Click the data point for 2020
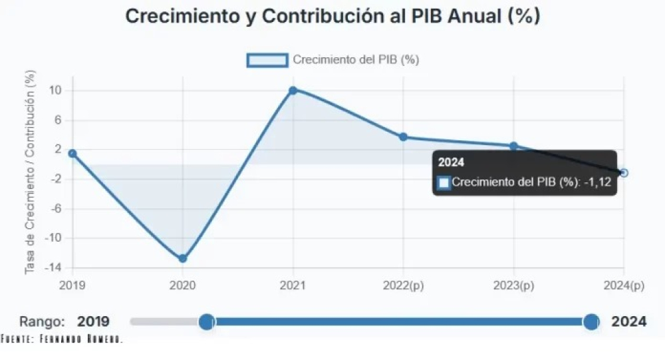[183, 258]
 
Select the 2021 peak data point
[293, 90]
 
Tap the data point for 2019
[72, 153]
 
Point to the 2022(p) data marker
[404, 137]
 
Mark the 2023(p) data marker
[513, 146]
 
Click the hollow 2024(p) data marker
[624, 173]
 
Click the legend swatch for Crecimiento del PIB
[267, 60]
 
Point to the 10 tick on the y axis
[55, 90]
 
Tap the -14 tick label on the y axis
[53, 268]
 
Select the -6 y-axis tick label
[55, 208]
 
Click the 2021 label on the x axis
[293, 285]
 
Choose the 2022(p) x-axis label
[404, 285]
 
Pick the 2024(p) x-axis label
[624, 285]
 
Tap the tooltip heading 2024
[451, 162]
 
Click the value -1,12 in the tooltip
[598, 182]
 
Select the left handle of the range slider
[207, 322]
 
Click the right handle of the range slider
[591, 322]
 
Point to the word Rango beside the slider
[42, 322]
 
